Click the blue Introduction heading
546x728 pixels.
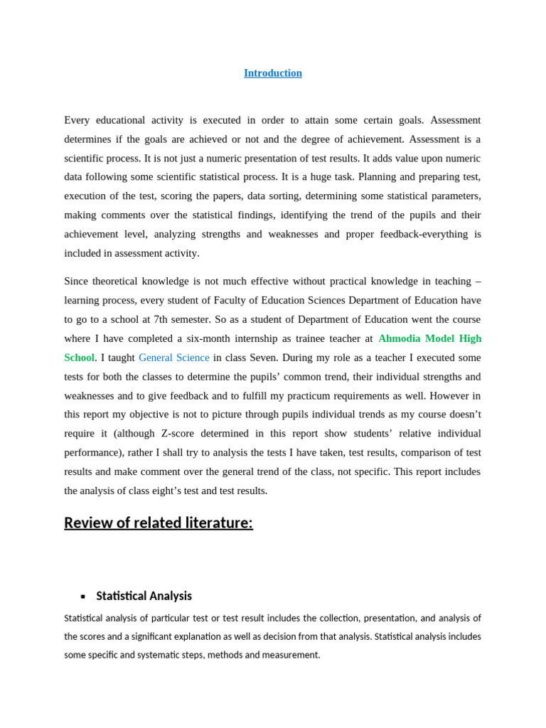[x=272, y=73]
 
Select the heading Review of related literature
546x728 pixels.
[x=159, y=523]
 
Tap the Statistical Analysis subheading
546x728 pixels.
[x=144, y=596]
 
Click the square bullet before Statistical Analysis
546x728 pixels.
[x=83, y=596]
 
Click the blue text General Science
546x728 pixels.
[x=174, y=358]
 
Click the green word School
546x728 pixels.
[x=79, y=358]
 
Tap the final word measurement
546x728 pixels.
[x=293, y=655]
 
